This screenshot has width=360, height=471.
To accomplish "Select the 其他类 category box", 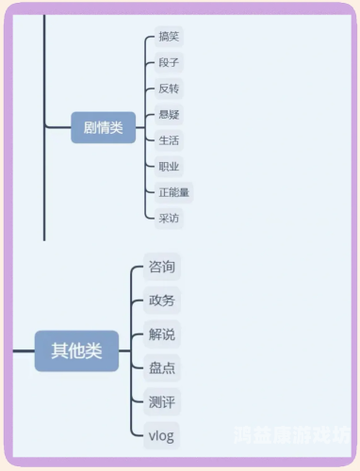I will coord(76,351).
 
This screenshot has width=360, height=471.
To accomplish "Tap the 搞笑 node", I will coord(169,38).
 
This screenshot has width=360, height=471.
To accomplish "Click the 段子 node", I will coord(169,63).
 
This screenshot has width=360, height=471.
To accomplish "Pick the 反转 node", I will coord(169,89).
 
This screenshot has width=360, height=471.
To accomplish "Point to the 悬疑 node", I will coord(169,115).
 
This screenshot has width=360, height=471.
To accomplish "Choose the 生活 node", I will coord(169,140).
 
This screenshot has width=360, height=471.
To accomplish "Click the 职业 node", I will coord(169,167).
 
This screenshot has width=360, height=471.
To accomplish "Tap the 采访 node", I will coord(169,218).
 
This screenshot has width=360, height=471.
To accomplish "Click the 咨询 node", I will coord(161,267).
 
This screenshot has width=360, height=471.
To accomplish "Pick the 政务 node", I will coord(161,301).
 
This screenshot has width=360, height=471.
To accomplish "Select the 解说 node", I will coord(161,334).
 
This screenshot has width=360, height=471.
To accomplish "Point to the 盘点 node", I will coord(161,368).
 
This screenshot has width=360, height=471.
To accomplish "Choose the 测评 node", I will coord(161,402).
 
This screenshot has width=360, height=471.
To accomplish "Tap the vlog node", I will coord(161,436).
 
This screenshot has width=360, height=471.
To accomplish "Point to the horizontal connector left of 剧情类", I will coord(57,128).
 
